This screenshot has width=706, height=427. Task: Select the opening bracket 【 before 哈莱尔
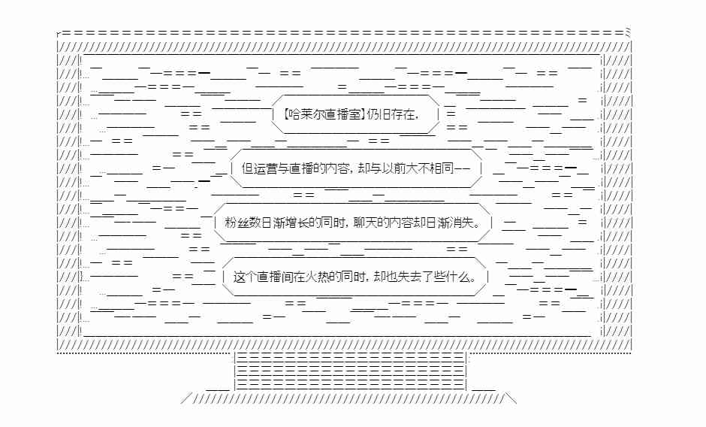click(285, 114)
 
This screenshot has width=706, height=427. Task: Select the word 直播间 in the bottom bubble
click(275, 277)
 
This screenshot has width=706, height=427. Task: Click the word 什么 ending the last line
click(458, 277)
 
